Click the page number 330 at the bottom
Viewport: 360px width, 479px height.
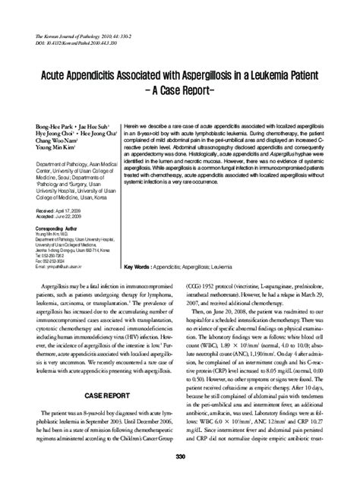point(179,456)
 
